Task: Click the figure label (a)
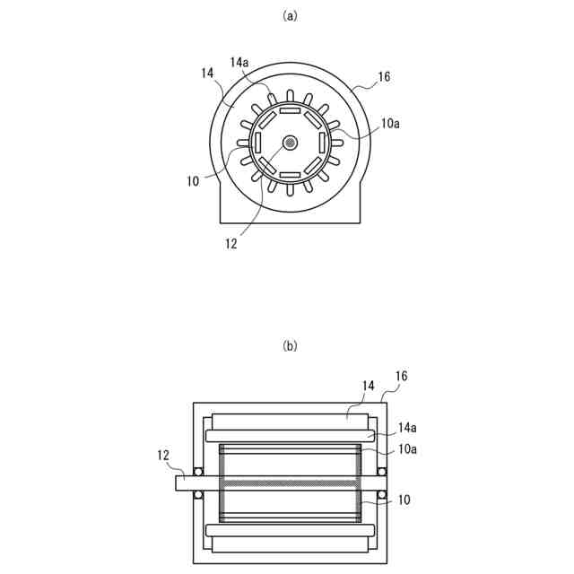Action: tap(290, 16)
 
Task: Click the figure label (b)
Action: tap(290, 345)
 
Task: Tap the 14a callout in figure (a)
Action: tap(239, 63)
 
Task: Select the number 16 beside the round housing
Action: tap(384, 76)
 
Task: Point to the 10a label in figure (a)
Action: tap(390, 124)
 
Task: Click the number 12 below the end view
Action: tap(231, 244)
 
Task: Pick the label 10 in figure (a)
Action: tap(194, 181)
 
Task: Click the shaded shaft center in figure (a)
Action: tap(291, 143)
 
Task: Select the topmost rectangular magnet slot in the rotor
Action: tap(290, 110)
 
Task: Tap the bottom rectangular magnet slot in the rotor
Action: tap(290, 175)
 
